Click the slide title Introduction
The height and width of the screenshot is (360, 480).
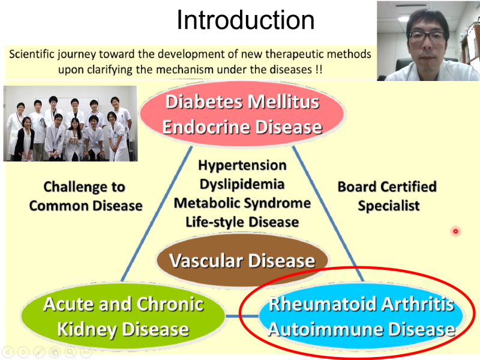[x=245, y=20]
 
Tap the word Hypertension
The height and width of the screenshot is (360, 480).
[x=242, y=166]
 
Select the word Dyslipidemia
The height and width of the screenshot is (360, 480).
[x=242, y=184]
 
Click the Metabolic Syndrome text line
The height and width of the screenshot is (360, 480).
[x=242, y=203]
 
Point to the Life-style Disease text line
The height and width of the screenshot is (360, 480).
[x=242, y=222]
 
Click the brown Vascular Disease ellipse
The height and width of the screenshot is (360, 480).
[x=242, y=260]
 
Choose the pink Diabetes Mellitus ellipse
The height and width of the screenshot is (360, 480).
[x=242, y=114]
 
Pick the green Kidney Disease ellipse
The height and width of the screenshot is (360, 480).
[x=123, y=317]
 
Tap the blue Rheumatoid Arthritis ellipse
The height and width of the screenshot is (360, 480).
[x=361, y=317]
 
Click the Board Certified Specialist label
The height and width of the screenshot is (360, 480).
[x=387, y=196]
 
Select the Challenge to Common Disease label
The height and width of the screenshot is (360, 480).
[x=85, y=196]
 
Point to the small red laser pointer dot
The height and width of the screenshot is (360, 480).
[x=455, y=231]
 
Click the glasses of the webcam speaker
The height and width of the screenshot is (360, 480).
[x=427, y=37]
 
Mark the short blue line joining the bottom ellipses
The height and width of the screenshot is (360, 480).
[x=242, y=316]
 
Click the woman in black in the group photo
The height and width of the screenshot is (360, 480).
[x=25, y=139]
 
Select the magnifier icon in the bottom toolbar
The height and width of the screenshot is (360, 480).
[x=70, y=352]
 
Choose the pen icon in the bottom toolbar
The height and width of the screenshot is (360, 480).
[x=39, y=352]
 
